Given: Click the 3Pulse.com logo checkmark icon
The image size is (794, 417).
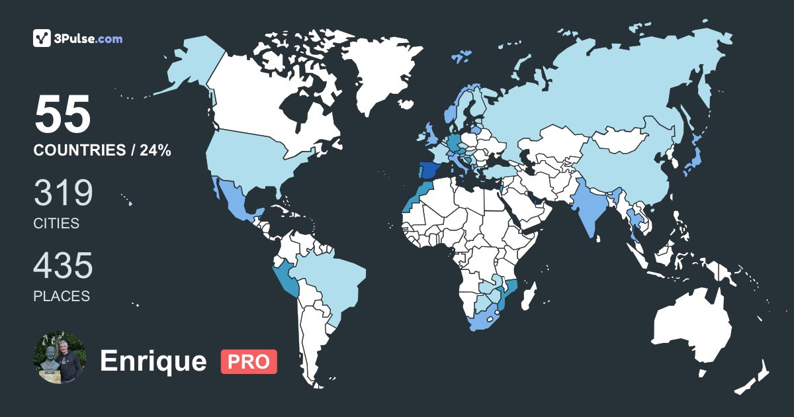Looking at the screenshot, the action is tap(42, 38).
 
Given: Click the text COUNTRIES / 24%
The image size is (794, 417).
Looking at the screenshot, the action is tap(103, 151).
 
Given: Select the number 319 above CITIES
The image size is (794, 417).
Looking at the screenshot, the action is tap(64, 193).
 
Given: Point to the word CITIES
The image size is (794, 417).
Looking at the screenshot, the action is tap(56, 224).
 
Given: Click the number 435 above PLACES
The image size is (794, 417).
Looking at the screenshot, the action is tap(64, 266).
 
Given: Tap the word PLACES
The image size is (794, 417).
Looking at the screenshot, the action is tap(62, 297).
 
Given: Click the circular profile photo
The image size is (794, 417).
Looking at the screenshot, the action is tap(59, 358).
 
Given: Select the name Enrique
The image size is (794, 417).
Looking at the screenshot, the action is tap(153, 361).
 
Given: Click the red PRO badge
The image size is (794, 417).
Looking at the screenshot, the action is tap(249, 361).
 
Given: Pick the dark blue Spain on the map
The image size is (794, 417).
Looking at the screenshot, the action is tap(429, 171).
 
